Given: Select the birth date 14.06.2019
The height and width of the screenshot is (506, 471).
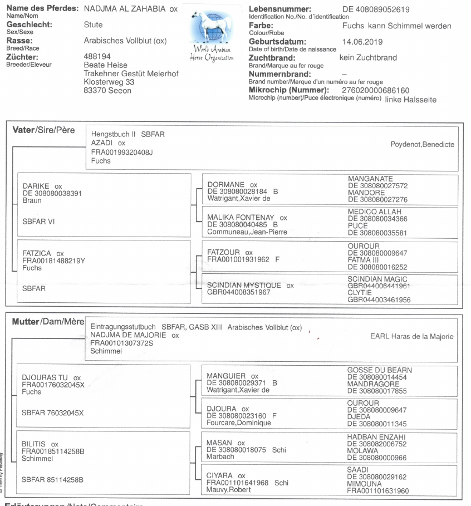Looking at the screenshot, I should click(x=362, y=42).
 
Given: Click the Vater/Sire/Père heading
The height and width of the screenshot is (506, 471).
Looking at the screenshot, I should click(x=43, y=130).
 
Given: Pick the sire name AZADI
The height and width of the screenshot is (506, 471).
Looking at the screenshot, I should click(x=102, y=143).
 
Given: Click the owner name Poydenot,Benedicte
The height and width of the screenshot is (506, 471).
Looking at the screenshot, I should click(x=422, y=145).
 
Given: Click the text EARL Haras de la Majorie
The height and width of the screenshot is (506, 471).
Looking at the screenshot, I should click(x=411, y=336).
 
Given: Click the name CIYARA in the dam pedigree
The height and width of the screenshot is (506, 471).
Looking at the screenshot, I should click(x=219, y=476).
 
